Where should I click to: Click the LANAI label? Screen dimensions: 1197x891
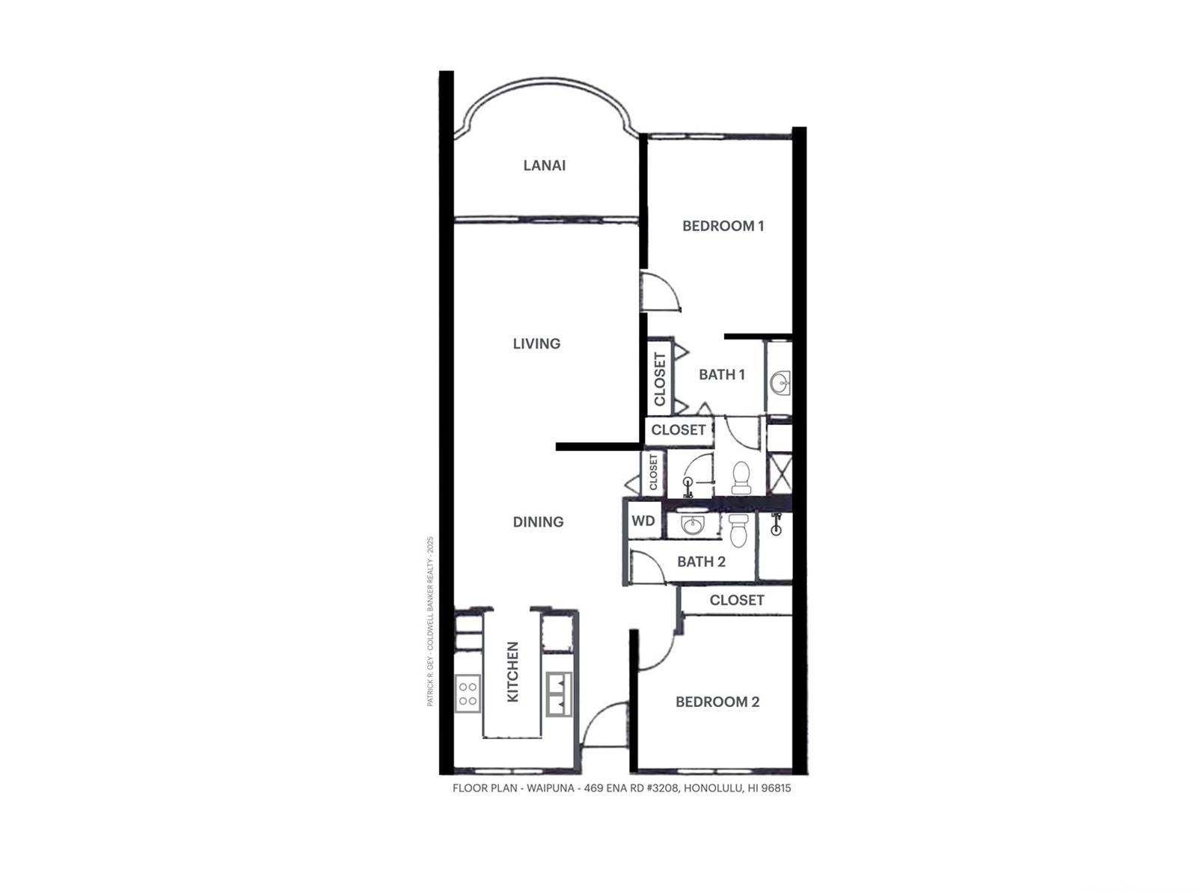click(x=544, y=165)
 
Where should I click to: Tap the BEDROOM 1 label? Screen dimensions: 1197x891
click(x=723, y=226)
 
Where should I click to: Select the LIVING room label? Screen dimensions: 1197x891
click(x=536, y=343)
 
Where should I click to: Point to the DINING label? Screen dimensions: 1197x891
click(x=538, y=521)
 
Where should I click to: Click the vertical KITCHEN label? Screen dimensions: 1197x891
click(x=512, y=671)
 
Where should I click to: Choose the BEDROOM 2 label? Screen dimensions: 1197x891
click(x=717, y=702)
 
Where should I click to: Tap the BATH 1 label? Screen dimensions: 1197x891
click(x=721, y=374)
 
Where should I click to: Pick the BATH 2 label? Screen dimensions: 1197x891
click(x=701, y=561)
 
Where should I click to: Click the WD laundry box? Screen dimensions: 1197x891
click(x=643, y=520)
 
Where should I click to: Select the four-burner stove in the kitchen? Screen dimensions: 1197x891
click(x=468, y=694)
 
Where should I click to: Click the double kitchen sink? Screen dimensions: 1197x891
click(x=559, y=694)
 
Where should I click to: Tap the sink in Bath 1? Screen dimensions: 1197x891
click(x=780, y=383)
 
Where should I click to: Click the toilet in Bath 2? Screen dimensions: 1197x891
click(x=738, y=529)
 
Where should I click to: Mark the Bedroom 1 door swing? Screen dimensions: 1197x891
click(x=661, y=292)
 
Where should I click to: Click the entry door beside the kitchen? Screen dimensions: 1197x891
click(x=604, y=724)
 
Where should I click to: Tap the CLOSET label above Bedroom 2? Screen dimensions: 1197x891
click(x=737, y=600)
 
